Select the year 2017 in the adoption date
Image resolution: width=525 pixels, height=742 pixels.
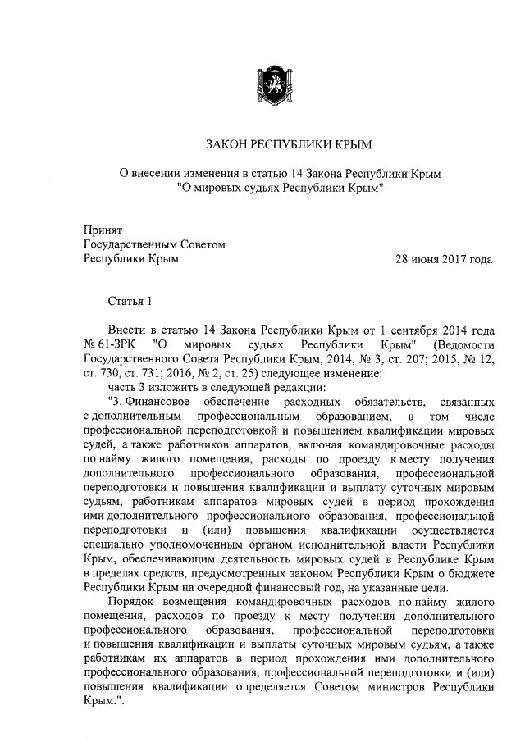click(x=454, y=260)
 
